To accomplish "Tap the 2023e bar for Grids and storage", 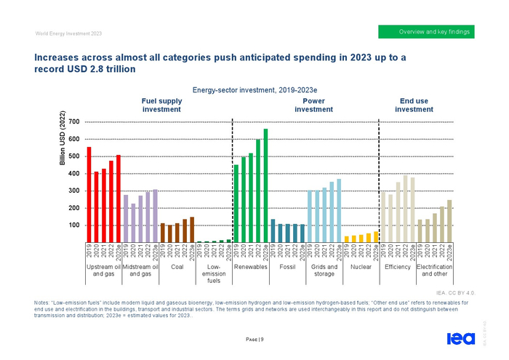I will point(339,210).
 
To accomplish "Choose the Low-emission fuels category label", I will point(214,273).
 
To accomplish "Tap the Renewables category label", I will point(251,267).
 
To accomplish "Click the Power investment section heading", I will point(314,105).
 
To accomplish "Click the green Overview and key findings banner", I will point(427,32).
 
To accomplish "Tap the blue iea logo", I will point(460,338).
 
